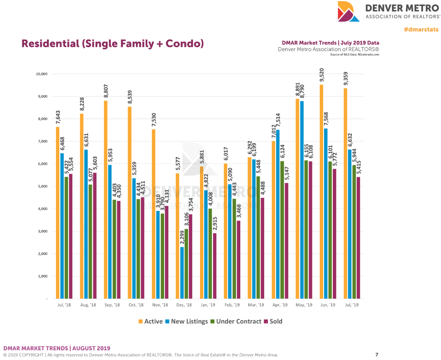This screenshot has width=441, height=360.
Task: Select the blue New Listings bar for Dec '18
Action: [x=182, y=273]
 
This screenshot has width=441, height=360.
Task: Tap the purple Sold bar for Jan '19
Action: [x=214, y=266]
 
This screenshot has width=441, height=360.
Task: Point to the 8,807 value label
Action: [x=106, y=90]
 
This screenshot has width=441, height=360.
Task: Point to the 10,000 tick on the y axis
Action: [x=41, y=74]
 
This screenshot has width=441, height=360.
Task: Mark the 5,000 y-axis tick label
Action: [x=43, y=186]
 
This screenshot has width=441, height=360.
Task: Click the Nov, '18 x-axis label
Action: [x=160, y=305]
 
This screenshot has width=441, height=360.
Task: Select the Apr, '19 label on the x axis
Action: [x=280, y=305]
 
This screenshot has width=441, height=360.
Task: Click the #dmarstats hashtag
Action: [x=420, y=30]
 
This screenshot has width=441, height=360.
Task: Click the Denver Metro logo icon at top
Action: [x=348, y=12]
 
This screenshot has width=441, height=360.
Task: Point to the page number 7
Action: [x=377, y=354]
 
